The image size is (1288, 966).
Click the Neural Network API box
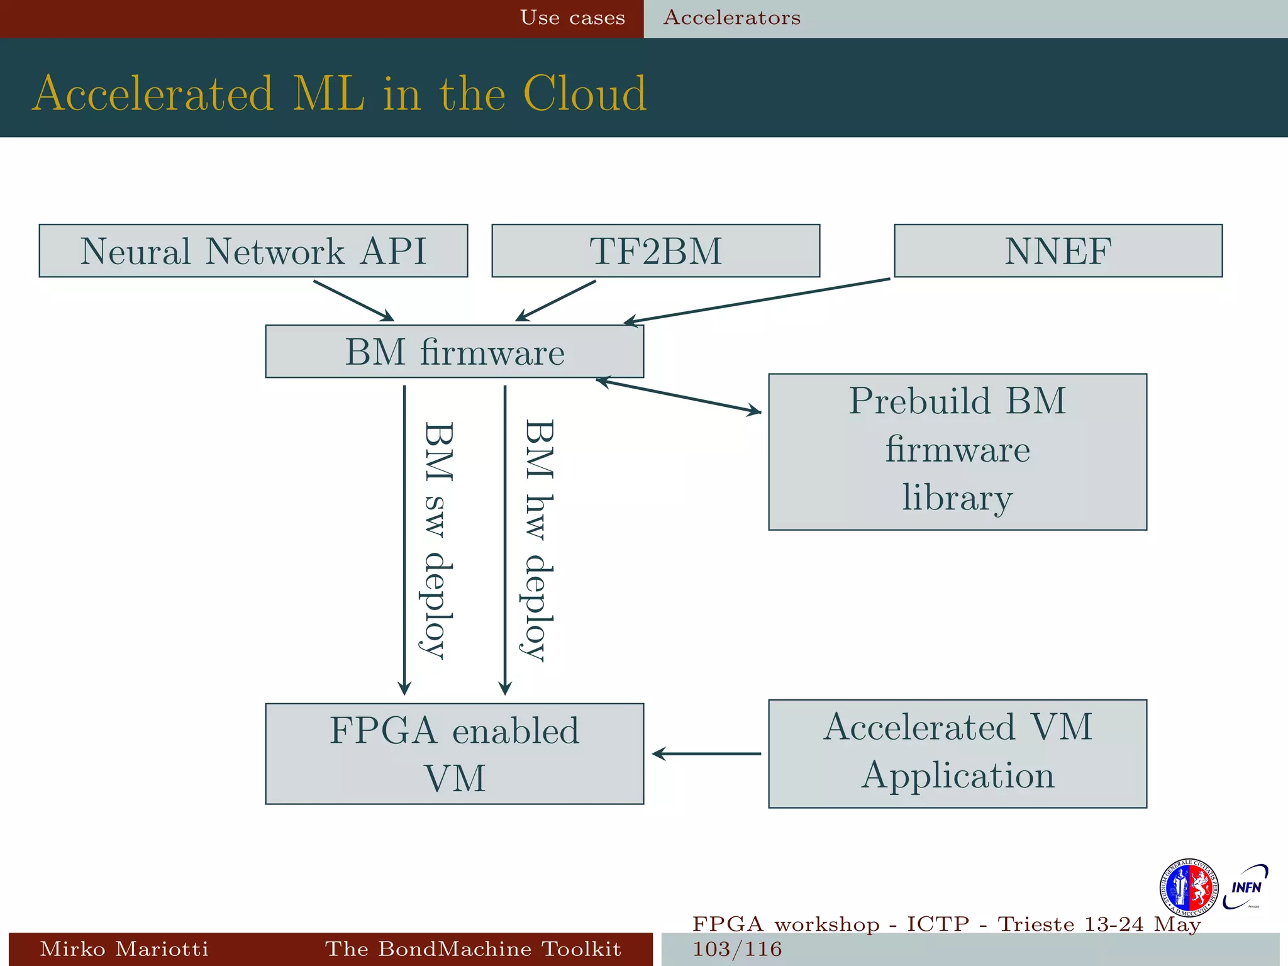click(253, 250)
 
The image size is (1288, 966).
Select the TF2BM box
click(655, 250)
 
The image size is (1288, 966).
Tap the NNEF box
click(1058, 250)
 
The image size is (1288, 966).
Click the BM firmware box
click(454, 351)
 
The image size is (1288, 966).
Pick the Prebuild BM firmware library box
click(957, 452)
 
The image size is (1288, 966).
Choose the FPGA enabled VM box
click(454, 753)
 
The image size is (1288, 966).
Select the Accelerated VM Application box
click(957, 753)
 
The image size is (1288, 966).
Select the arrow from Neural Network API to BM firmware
click(353, 301)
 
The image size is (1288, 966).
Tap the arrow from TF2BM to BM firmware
click(555, 301)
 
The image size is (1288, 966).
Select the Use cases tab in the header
click(572, 18)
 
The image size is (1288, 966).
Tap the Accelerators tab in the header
click(732, 18)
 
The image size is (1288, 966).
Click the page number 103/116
click(737, 949)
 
